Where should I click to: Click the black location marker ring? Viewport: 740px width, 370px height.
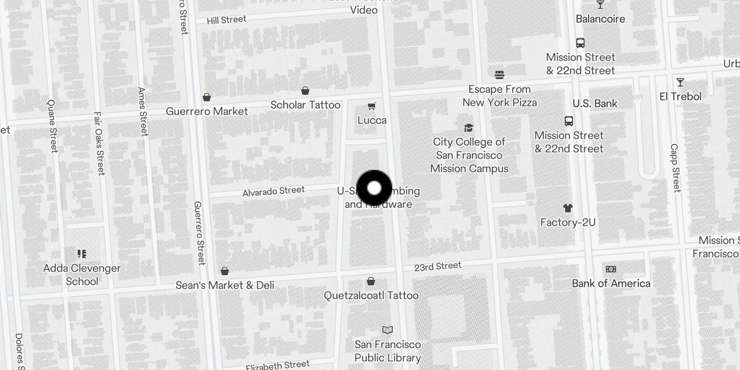(374, 188)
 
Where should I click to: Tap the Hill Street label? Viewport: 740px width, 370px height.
(226, 20)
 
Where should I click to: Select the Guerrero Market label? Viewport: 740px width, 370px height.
(207, 111)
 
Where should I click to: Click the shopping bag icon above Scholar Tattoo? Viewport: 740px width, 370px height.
(305, 91)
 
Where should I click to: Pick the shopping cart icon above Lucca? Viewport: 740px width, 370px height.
(371, 106)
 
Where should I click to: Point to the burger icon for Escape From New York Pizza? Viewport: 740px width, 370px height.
(499, 74)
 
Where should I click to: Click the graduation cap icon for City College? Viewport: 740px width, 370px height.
(469, 128)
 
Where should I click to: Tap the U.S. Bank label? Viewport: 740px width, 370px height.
(595, 104)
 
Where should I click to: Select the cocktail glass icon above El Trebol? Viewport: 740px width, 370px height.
(680, 82)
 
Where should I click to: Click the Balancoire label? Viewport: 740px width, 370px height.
(600, 19)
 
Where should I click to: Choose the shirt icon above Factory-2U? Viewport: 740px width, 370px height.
(567, 208)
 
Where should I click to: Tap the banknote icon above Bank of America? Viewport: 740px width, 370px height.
(610, 269)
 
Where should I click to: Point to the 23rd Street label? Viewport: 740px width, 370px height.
(438, 266)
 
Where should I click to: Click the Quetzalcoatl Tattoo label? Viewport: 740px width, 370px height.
(371, 296)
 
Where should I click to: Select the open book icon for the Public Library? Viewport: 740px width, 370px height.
(388, 330)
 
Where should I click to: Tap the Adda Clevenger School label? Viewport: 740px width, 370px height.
(82, 275)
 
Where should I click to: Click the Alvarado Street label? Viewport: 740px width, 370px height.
(273, 191)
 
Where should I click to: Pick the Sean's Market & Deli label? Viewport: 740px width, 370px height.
(225, 285)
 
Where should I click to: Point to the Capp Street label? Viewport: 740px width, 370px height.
(675, 168)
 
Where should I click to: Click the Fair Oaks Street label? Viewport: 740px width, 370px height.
(99, 143)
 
